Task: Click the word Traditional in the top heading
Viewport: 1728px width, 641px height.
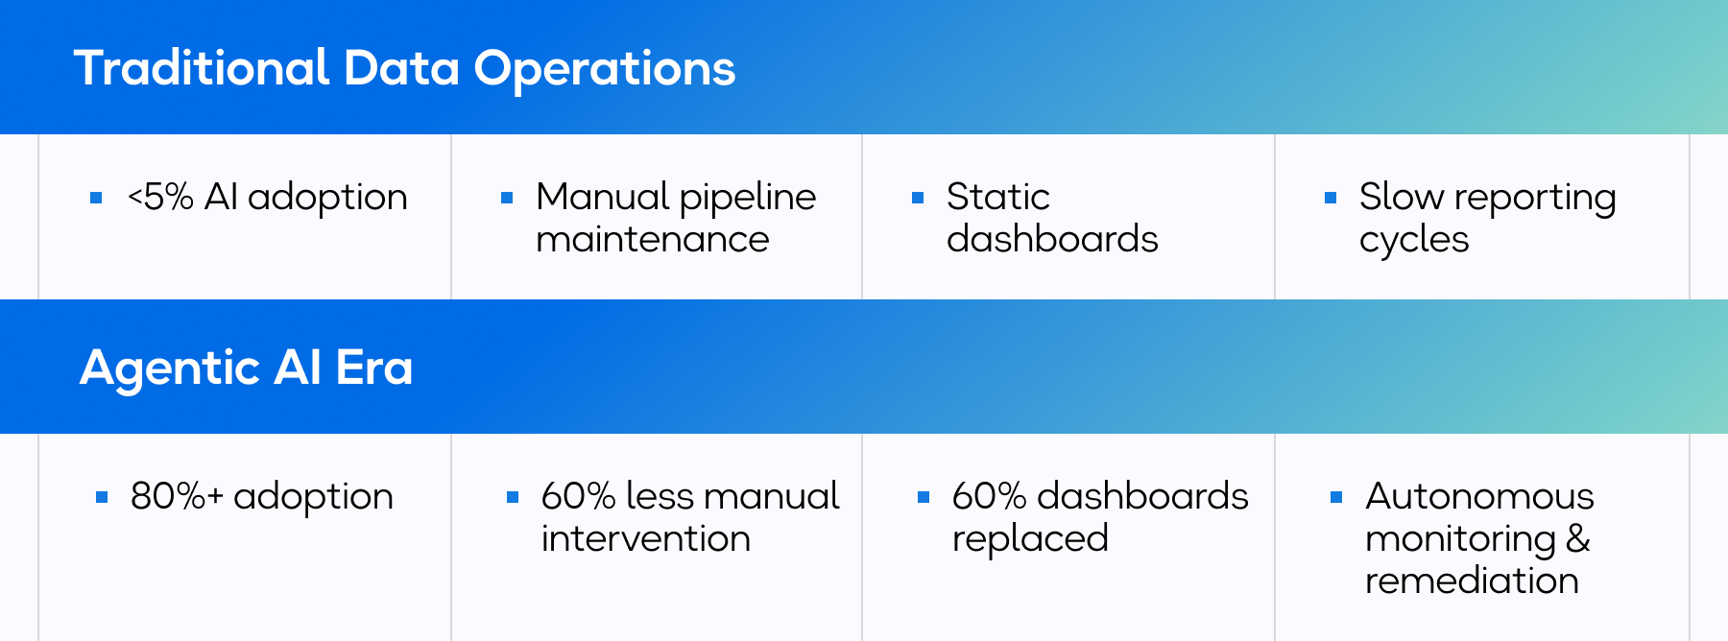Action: click(x=202, y=68)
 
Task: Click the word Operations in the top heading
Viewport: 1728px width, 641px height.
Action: click(x=605, y=70)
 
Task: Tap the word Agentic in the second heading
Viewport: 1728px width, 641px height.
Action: click(x=170, y=369)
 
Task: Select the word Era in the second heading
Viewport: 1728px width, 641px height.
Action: click(x=374, y=368)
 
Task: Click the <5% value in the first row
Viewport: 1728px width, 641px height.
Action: click(x=160, y=198)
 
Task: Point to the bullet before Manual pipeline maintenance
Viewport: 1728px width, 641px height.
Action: click(x=507, y=199)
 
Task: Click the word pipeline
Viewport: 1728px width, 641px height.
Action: click(x=748, y=199)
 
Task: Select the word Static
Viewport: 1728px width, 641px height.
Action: click(x=997, y=198)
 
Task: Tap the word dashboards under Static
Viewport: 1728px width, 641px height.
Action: click(x=1052, y=239)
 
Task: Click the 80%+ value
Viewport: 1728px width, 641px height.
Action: click(x=177, y=497)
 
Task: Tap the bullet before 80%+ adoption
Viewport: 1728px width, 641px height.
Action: click(x=102, y=497)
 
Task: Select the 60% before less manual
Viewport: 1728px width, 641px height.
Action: click(x=578, y=497)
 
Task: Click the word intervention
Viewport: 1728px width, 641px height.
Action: click(x=645, y=538)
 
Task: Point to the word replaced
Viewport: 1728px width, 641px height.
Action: click(x=1030, y=539)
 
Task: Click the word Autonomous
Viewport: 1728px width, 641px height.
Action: click(x=1479, y=497)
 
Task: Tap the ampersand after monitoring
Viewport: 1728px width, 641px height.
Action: click(x=1578, y=538)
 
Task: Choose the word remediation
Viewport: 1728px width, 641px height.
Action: click(x=1472, y=581)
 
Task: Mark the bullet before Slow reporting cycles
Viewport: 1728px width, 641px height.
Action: click(x=1331, y=199)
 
